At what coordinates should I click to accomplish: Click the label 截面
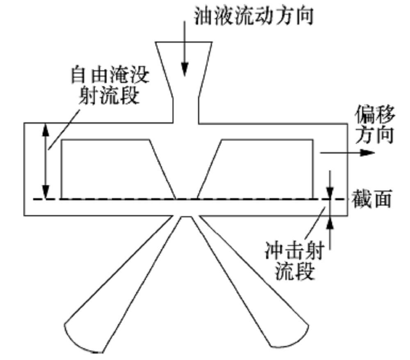tap(371, 199)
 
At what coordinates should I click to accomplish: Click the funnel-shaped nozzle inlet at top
tap(184, 66)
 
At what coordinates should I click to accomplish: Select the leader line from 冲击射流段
tap(318, 226)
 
